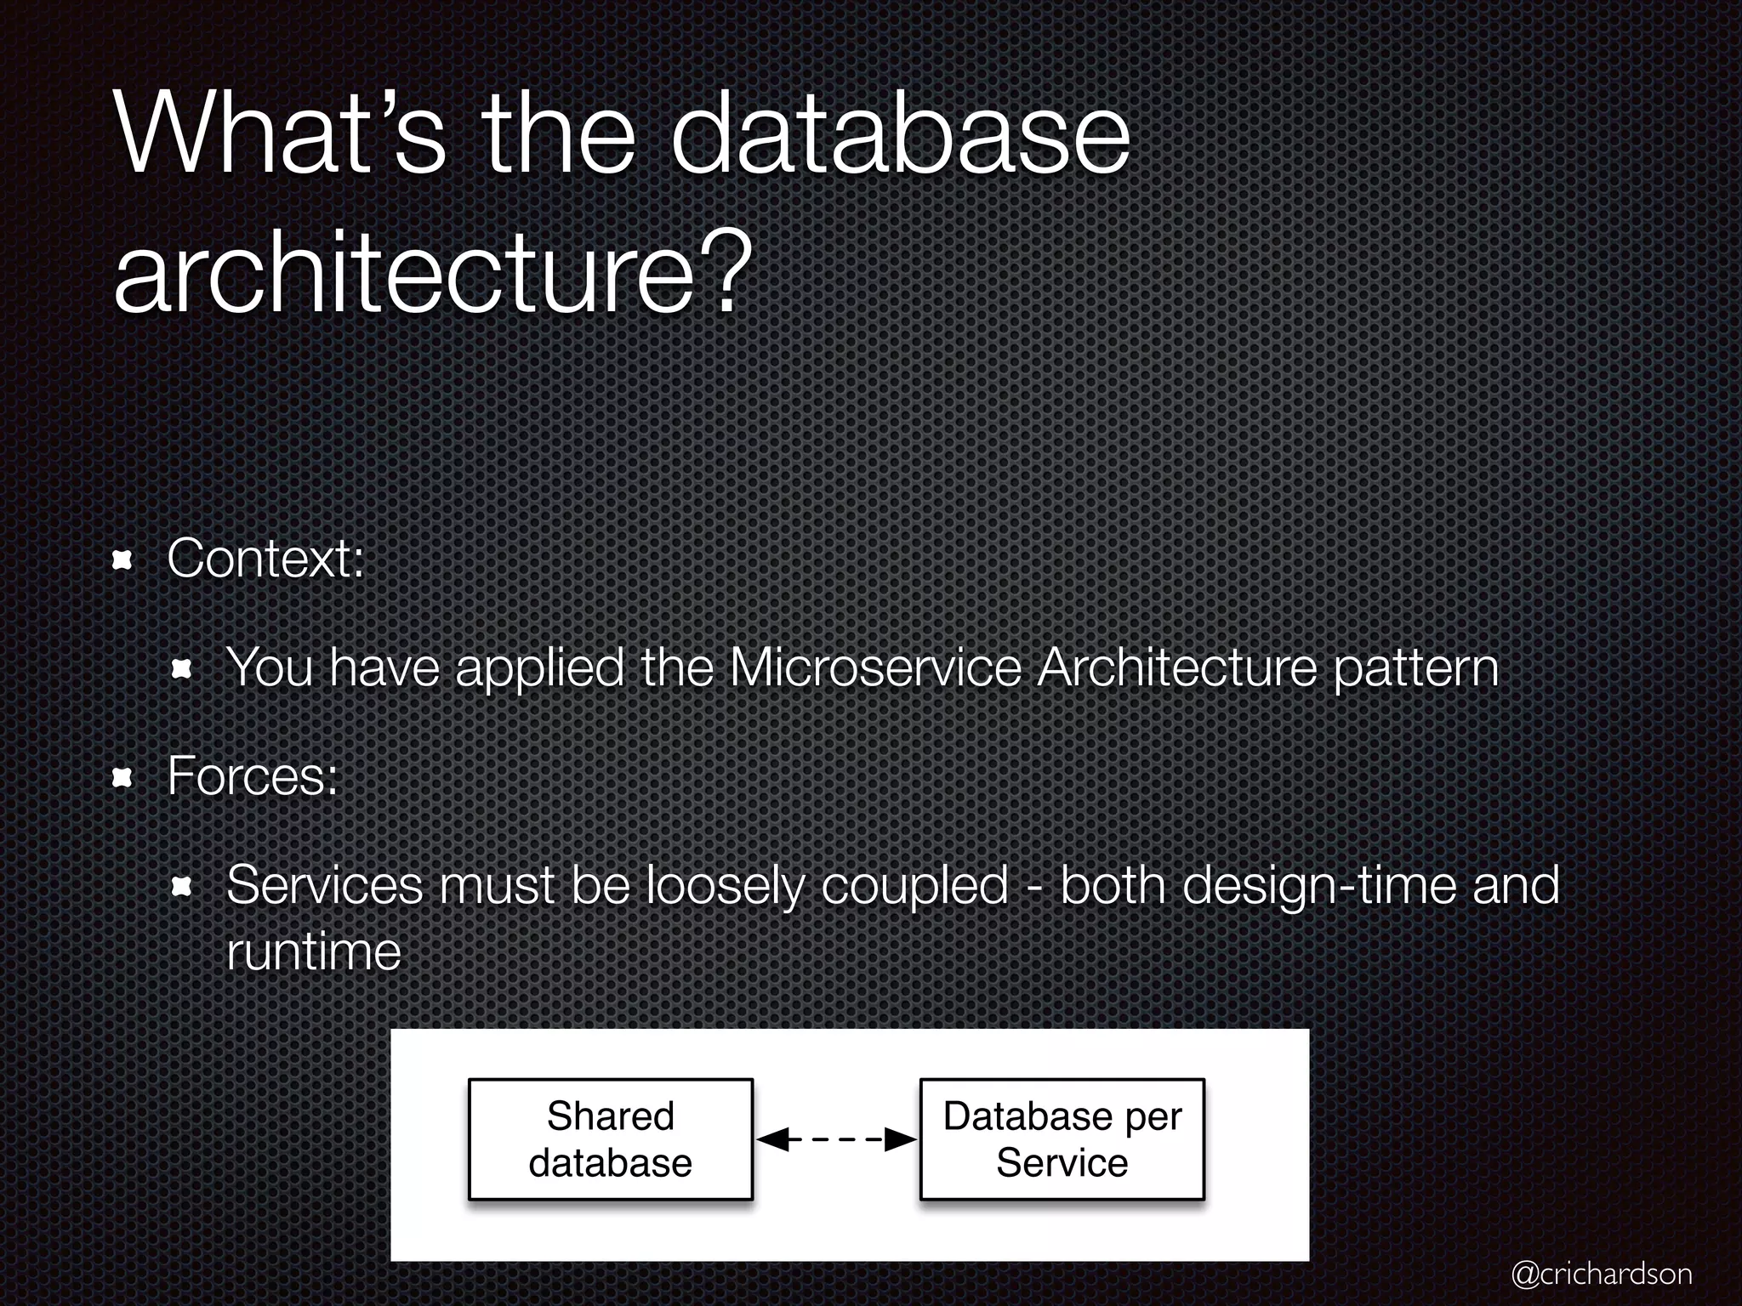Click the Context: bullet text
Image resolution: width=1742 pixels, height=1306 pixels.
tap(265, 559)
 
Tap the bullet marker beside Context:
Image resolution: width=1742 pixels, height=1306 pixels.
tap(123, 559)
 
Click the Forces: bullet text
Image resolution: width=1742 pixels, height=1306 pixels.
tap(253, 776)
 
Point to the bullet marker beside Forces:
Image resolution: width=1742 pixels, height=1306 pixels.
tap(123, 777)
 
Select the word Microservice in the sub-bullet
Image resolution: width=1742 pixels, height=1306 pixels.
tap(875, 667)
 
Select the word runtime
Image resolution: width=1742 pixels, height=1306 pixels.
tap(313, 951)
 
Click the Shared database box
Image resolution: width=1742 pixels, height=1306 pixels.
tap(611, 1139)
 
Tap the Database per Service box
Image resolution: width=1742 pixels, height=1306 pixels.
tap(1062, 1139)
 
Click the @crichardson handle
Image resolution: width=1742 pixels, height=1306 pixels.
tap(1603, 1273)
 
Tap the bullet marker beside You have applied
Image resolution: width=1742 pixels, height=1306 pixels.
tap(181, 669)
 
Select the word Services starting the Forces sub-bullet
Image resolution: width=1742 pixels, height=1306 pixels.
tap(324, 885)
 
